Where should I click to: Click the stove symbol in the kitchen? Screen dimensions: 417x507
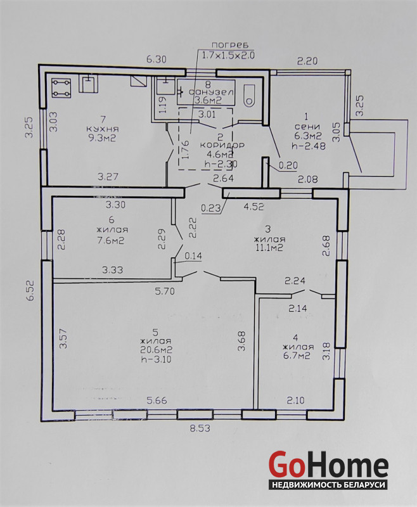[61, 88]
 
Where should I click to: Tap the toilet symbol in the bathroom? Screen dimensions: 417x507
[249, 96]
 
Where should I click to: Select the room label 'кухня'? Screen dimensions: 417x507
[103, 129]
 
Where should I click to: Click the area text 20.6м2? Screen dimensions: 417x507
[157, 350]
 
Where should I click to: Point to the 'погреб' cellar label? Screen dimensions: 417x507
[228, 44]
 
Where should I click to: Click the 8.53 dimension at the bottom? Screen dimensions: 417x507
[200, 428]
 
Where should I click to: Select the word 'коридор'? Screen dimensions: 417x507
[222, 145]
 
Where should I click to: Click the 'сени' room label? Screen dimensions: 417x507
[307, 126]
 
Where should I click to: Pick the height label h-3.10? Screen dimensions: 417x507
[157, 359]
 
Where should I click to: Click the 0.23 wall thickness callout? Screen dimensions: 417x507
[211, 209]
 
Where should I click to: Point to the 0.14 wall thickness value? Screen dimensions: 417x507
[193, 256]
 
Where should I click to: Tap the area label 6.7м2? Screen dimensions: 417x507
[297, 356]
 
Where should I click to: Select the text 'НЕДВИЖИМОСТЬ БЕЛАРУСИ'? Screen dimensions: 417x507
[329, 485]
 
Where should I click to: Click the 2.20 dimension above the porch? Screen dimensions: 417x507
[307, 61]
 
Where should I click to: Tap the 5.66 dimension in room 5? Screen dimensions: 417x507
[157, 401]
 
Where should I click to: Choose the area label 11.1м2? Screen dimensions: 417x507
[269, 248]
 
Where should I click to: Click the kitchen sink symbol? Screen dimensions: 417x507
[89, 84]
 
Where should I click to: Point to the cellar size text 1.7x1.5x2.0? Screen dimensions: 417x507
[228, 55]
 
